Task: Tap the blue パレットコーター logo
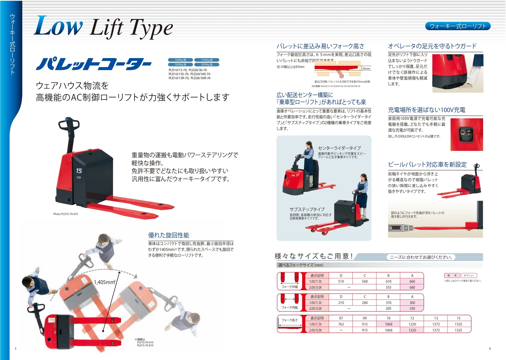point(94,64)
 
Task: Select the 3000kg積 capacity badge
point(206,65)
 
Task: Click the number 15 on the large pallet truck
point(79,171)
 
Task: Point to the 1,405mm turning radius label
point(104,282)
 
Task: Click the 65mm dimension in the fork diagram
point(366,69)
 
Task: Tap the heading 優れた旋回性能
point(168,235)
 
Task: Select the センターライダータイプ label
point(339,148)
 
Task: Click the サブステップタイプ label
point(307,209)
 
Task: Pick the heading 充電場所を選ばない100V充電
point(426,110)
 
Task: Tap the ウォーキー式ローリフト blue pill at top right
point(458,26)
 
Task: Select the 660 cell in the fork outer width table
point(412,281)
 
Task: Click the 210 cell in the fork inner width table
point(341,303)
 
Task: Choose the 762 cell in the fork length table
point(341,324)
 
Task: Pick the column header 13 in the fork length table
point(436,318)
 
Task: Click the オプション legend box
point(469,275)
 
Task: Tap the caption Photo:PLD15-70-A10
point(66,214)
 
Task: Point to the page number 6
point(490,349)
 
